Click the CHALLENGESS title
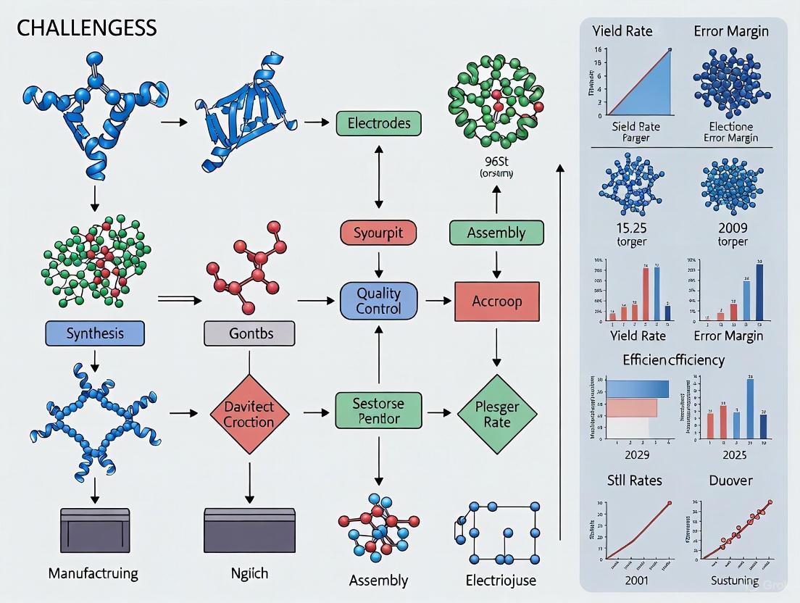[x=86, y=28]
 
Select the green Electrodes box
[x=378, y=123]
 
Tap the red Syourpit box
[x=378, y=233]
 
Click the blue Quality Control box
[x=378, y=301]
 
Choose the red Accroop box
[x=496, y=301]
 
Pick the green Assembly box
[x=496, y=233]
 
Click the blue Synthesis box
[x=95, y=333]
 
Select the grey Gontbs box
[x=249, y=333]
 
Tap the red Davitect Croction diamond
[x=249, y=414]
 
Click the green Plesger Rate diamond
[x=497, y=414]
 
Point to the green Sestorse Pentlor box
[x=378, y=410]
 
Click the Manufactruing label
[x=93, y=573]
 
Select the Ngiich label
[x=249, y=573]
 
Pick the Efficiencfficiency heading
[x=673, y=359]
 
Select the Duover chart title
[x=730, y=480]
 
